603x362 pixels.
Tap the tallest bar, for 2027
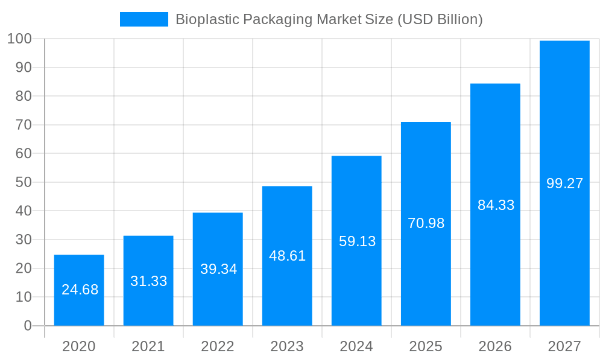point(564,121)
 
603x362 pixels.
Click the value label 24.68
point(80,290)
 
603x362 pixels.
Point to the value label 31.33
point(149,281)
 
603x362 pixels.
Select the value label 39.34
point(218,269)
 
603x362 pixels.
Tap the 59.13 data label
point(357,241)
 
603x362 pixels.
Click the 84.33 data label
point(496,205)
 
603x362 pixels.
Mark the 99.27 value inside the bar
point(564,183)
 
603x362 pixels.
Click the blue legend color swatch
point(144,19)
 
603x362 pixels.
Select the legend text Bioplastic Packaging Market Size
point(329,19)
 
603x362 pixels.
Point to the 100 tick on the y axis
point(19,39)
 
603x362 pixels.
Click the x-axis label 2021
point(148,346)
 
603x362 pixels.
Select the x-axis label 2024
point(356,346)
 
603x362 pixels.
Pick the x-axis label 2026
point(495,346)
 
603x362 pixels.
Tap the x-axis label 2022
point(218,346)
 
